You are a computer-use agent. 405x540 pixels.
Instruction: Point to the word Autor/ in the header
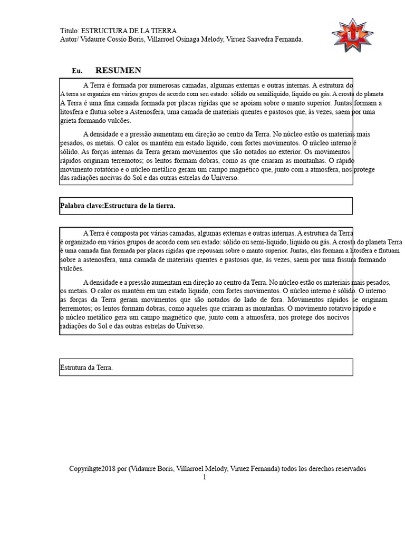71,40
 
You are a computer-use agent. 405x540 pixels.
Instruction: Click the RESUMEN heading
118,71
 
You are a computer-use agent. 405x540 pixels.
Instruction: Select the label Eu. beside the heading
77,71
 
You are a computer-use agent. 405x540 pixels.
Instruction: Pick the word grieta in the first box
70,121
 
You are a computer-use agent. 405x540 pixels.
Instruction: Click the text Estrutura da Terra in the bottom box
86,368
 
